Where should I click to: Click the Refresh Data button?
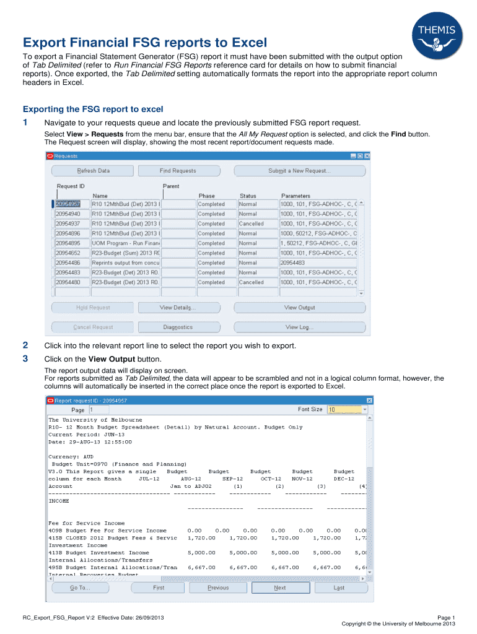(93, 171)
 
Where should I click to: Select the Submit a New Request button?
(299, 171)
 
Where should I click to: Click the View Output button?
(299, 308)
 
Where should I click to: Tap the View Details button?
(178, 308)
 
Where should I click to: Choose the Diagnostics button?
(178, 327)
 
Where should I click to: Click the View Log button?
(299, 327)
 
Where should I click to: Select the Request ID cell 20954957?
(68, 204)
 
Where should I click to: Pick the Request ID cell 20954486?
(68, 263)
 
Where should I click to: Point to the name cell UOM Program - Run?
(125, 243)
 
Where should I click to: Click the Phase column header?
(207, 196)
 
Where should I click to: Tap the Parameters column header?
(295, 196)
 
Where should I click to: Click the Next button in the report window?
(279, 588)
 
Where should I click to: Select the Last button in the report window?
(339, 588)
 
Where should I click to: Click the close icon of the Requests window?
(367, 157)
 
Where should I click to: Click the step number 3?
(25, 358)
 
